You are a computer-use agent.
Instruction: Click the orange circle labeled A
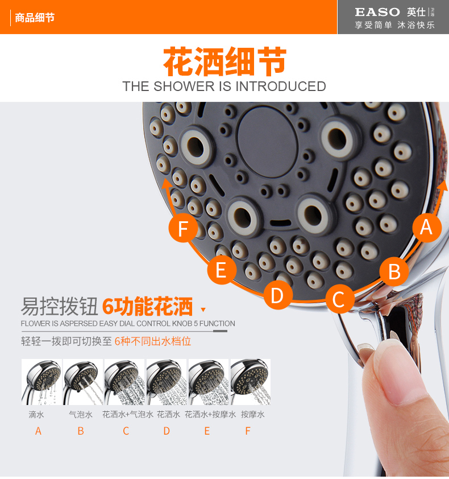(x=427, y=228)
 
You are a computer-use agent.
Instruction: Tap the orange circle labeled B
(x=394, y=271)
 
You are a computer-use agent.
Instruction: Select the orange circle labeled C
(x=340, y=299)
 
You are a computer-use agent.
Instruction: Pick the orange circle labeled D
(x=277, y=295)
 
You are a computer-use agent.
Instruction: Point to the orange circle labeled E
(x=222, y=270)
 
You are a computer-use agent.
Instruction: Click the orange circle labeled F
(x=183, y=228)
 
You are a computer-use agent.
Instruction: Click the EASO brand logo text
(x=377, y=12)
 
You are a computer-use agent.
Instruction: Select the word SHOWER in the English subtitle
(x=184, y=86)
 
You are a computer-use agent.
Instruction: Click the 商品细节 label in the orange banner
(x=35, y=18)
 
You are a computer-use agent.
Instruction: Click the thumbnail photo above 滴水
(x=41, y=382)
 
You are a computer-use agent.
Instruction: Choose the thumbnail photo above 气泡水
(x=83, y=382)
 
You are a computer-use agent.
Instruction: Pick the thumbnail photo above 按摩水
(x=251, y=382)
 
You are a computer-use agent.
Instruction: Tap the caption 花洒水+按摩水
(x=210, y=415)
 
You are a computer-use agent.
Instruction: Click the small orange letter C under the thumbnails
(x=126, y=431)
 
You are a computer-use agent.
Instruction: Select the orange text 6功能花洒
(x=147, y=307)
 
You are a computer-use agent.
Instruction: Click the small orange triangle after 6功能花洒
(x=203, y=310)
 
